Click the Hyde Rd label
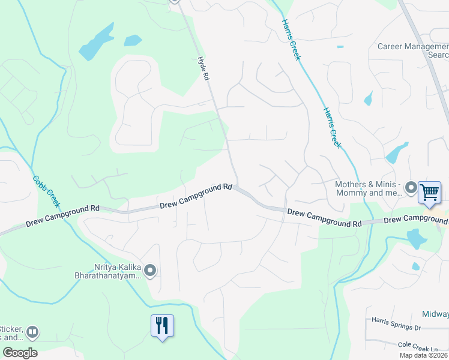point(205,69)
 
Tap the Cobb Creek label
point(44,191)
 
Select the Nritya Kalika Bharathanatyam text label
point(117,272)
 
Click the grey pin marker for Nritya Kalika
point(150,272)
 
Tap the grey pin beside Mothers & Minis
point(411,188)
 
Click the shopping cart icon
point(429,193)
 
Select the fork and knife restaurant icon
point(161,326)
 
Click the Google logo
point(20,353)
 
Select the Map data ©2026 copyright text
point(424,355)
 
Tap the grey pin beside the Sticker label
point(32,331)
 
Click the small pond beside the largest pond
point(133,40)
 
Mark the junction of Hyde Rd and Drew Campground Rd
point(237,188)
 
